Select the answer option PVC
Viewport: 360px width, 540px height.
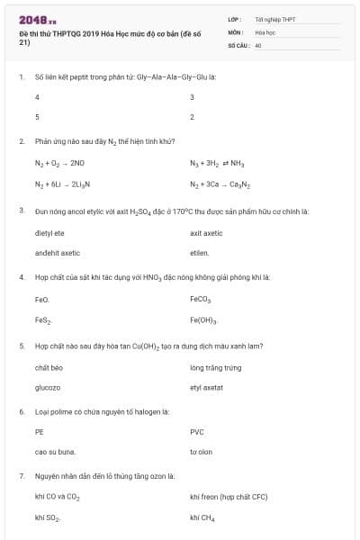pos(197,432)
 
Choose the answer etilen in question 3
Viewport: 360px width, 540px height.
pos(199,253)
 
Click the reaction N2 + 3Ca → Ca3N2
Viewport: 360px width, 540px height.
pos(218,184)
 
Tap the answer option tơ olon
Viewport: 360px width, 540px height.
pos(201,452)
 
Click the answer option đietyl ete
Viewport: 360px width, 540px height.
pos(49,232)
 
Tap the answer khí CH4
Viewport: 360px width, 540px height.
pos(202,517)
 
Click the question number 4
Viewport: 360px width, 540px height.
pos(21,277)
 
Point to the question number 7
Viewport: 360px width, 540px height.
pos(21,475)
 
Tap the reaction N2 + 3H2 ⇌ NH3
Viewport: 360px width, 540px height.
pos(218,163)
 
